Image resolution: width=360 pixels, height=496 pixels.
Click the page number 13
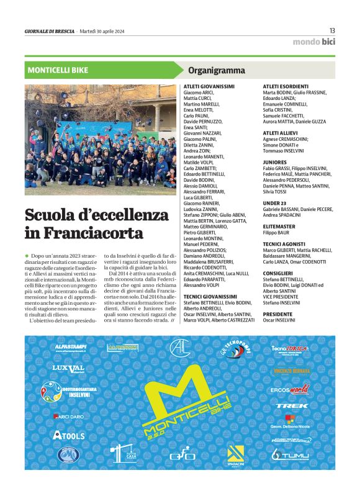coord(332,31)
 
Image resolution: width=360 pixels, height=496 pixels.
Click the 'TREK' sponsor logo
coord(292,405)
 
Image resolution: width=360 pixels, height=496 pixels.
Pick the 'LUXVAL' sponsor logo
coord(68,368)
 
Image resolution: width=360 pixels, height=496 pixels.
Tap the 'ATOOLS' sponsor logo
coord(69,435)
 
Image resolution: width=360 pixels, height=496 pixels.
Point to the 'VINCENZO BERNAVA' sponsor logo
coord(291,371)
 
